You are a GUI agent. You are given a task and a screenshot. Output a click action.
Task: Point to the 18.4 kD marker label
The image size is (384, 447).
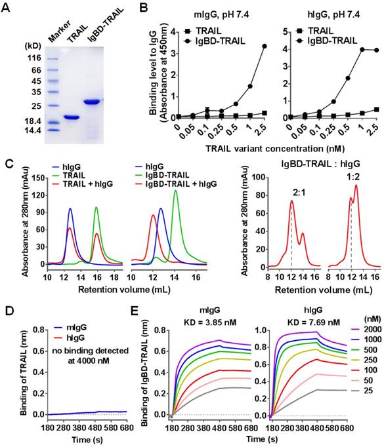[x=32, y=121]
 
